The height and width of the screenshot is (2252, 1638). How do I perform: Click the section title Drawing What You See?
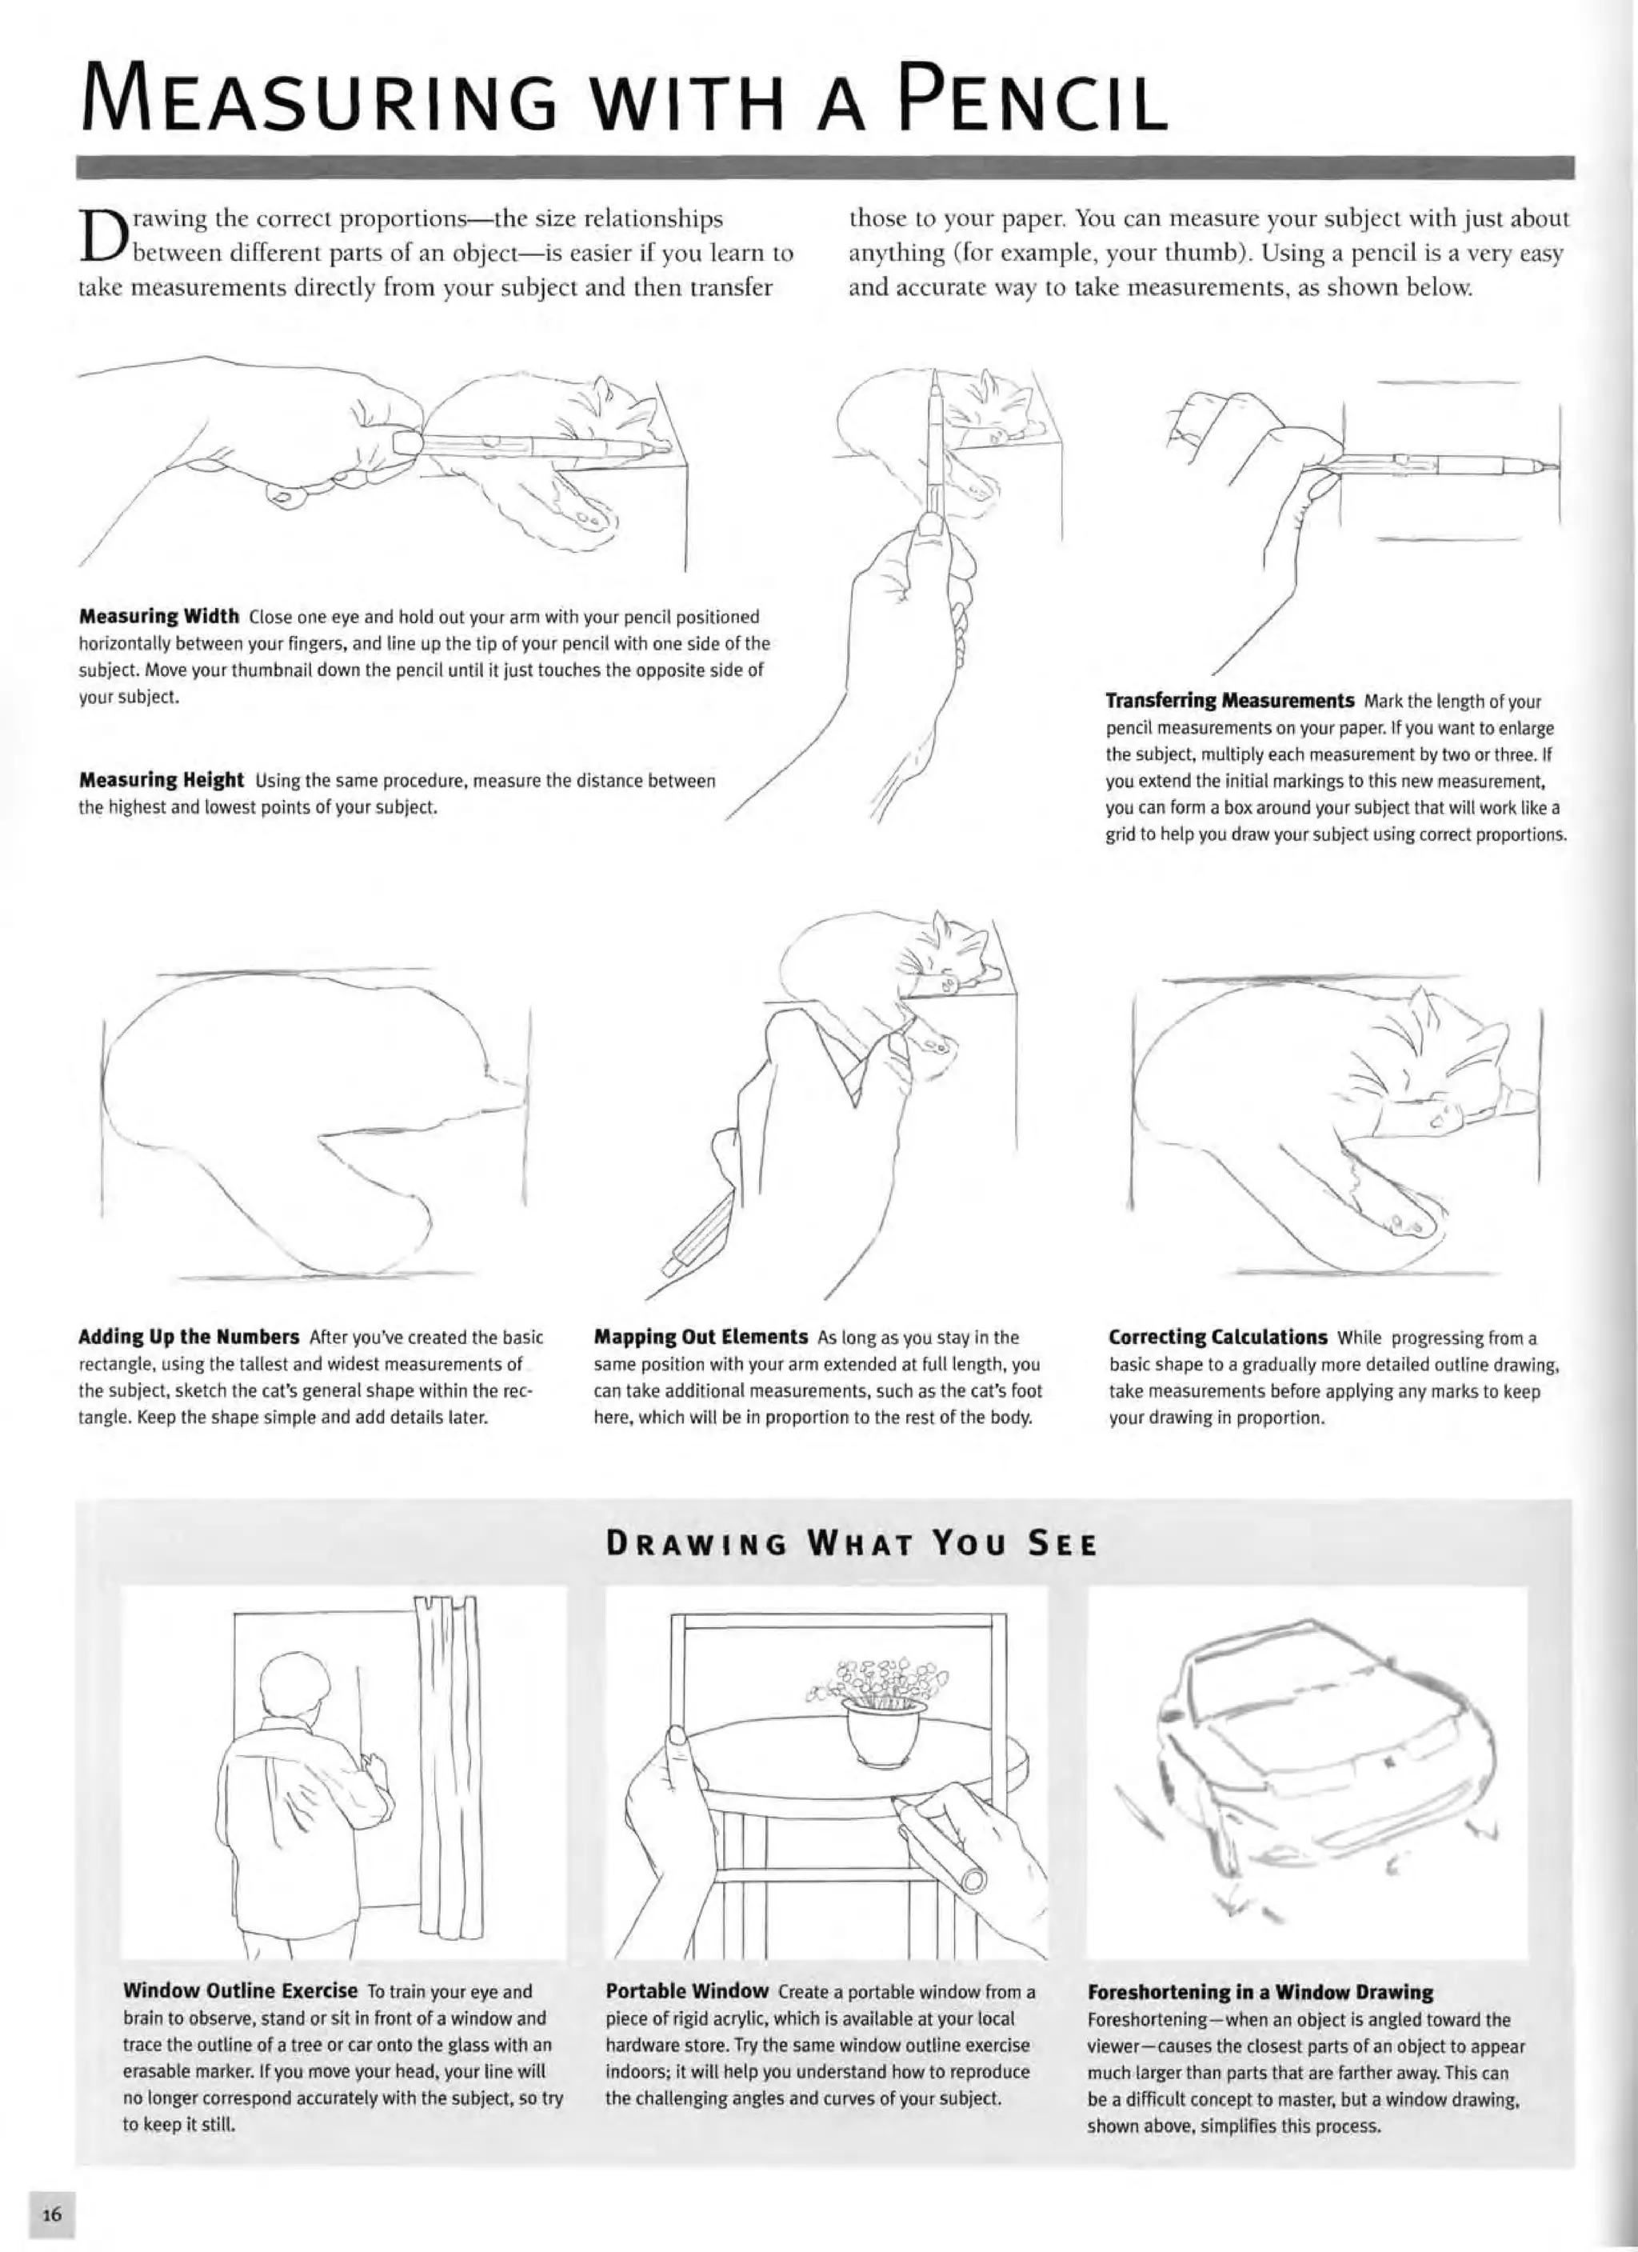point(852,1545)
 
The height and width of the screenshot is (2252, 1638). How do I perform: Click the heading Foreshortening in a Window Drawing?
point(1260,1991)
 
